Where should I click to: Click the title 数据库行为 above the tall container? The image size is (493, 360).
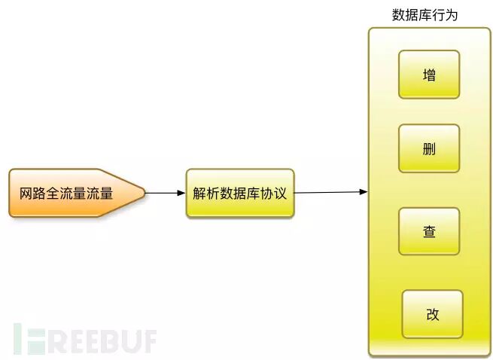pyautogui.click(x=425, y=15)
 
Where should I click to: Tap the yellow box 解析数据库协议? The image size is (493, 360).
pyautogui.click(x=240, y=194)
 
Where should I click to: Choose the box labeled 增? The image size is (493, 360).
pyautogui.click(x=429, y=75)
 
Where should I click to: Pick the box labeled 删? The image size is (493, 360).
pyautogui.click(x=429, y=148)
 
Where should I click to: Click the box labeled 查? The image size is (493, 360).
pyautogui.click(x=429, y=232)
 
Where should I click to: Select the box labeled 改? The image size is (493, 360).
pyautogui.click(x=432, y=314)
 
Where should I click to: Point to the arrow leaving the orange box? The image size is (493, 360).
pyautogui.click(x=164, y=193)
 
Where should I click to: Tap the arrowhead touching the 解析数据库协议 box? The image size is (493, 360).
pyautogui.click(x=181, y=193)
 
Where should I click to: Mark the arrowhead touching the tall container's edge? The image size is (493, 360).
pyautogui.click(x=364, y=192)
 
